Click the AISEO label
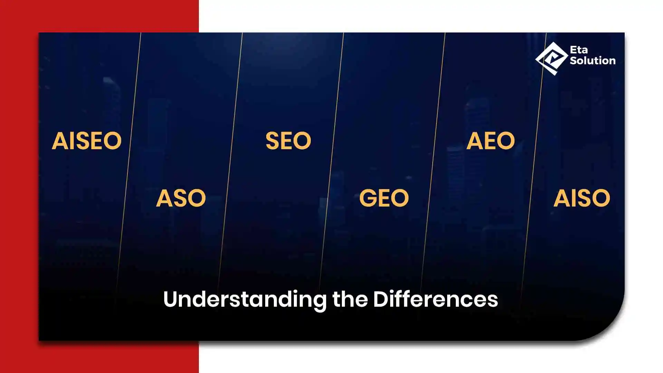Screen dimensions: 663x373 click(87, 141)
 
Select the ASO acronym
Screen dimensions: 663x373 click(181, 198)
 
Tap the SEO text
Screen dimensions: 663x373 click(288, 141)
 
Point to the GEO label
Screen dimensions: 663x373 click(384, 198)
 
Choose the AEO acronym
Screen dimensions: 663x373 click(491, 141)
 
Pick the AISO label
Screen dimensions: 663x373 click(582, 198)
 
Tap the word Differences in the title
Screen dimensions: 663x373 click(435, 299)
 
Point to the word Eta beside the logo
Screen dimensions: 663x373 click(579, 50)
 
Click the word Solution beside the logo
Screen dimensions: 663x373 click(593, 60)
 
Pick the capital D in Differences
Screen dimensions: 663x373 click(381, 299)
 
